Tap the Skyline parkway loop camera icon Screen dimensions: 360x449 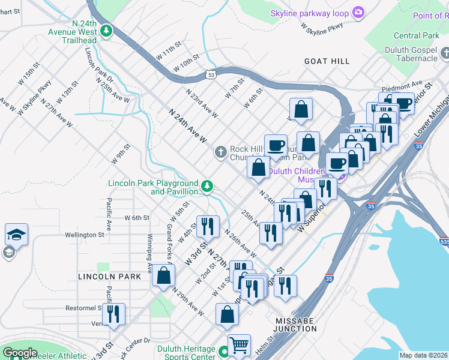[358, 12]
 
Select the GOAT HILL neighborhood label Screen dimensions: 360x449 [327, 61]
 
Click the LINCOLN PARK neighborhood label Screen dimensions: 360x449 [109, 277]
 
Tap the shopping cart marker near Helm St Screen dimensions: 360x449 [239, 344]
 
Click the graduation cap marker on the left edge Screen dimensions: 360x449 [16, 234]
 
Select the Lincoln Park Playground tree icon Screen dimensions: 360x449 [207, 186]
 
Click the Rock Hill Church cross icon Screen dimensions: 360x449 [221, 153]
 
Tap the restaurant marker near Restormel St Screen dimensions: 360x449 [113, 313]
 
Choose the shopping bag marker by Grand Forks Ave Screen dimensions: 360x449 [163, 275]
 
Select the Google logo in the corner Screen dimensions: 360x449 [20, 353]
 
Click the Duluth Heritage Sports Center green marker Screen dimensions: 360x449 [224, 352]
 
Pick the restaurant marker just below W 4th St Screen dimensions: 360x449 [208, 226]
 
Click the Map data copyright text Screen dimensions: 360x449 [423, 355]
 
